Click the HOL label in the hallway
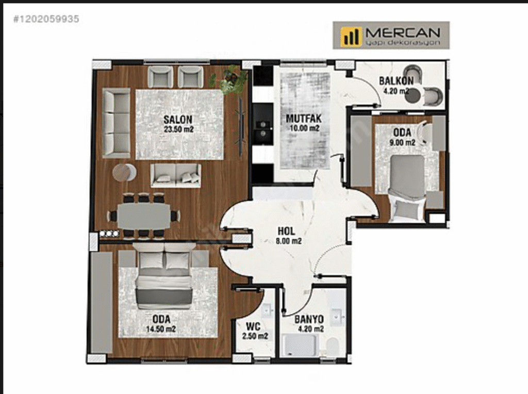286,232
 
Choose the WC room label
253,326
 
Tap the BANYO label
309,319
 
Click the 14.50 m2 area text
161,329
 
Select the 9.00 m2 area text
402,142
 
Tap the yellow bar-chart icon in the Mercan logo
351,36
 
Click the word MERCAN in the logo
403,32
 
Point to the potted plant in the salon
229,80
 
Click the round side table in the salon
124,172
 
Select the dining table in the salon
143,216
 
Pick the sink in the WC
268,311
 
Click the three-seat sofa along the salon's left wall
116,123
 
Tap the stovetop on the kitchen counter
263,129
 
